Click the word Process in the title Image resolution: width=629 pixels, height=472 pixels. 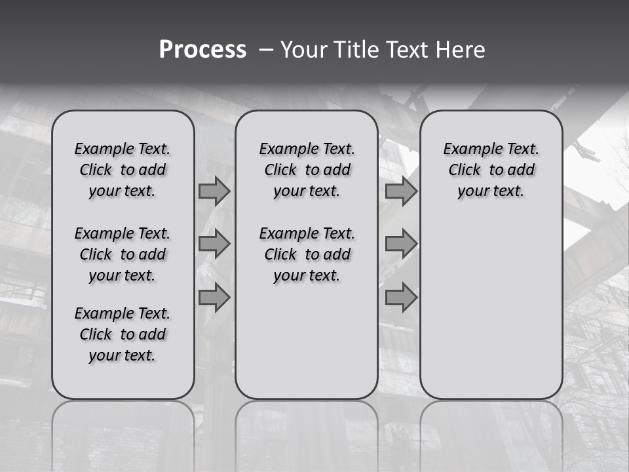(202, 50)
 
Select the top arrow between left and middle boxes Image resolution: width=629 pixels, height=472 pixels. (214, 191)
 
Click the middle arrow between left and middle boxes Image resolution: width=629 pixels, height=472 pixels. (214, 244)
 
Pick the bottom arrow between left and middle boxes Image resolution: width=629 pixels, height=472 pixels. (214, 298)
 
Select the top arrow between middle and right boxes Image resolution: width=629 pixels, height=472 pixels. (401, 191)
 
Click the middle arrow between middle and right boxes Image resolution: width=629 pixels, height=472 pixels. (401, 244)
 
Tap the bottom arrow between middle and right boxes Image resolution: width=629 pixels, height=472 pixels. (401, 298)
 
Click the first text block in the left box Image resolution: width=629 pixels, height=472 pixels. (123, 170)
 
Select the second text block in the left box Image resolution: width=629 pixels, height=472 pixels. (123, 254)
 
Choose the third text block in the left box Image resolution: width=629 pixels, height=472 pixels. (123, 334)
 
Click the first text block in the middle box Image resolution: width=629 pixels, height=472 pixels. (307, 170)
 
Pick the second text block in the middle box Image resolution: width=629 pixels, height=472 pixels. (307, 254)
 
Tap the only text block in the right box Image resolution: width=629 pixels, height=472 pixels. (491, 170)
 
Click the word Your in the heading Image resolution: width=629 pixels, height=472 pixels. (303, 50)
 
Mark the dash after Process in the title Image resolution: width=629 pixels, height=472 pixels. (266, 50)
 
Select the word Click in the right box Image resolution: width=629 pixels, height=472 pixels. (465, 170)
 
